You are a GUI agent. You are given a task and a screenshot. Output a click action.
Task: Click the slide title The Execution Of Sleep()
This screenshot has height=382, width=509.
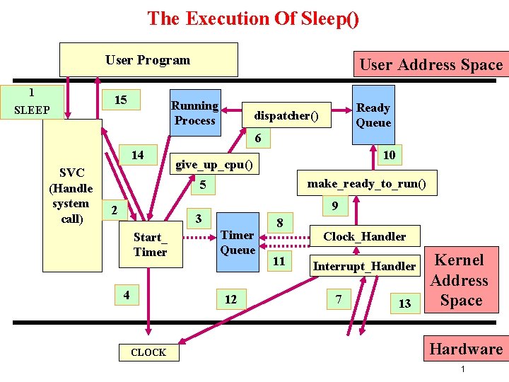pos(253,18)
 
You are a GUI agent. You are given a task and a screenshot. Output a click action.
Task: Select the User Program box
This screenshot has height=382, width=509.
pos(148,60)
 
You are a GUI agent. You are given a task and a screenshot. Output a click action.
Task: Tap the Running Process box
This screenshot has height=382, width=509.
pos(194,113)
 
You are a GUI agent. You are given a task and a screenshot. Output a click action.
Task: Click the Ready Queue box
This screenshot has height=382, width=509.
pos(373,115)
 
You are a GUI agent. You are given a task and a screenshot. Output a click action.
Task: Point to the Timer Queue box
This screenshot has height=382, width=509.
pos(238,243)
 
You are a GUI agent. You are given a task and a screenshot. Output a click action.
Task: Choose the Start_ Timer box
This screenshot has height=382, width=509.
pos(150,245)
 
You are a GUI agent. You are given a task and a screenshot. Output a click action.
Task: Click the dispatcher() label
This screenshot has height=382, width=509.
pos(286,115)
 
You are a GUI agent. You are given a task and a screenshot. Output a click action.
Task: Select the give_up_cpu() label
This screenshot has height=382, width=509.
pos(216,165)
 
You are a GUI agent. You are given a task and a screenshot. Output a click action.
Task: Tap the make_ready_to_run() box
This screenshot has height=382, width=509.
pos(366,184)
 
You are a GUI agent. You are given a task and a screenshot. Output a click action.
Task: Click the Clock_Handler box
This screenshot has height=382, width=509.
pos(364,236)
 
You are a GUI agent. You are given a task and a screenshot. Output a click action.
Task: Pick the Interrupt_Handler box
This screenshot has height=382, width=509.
pos(364,266)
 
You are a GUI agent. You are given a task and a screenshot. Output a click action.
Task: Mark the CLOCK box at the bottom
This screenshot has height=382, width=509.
pos(148,352)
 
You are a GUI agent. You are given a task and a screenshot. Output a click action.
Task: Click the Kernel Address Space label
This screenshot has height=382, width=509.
pos(460,280)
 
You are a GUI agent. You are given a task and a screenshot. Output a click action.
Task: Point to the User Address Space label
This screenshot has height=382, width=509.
pos(431,65)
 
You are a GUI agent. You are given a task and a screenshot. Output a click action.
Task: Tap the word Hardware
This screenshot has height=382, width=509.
pos(466,349)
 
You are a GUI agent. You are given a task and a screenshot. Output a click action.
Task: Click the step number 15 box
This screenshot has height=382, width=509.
pos(121,100)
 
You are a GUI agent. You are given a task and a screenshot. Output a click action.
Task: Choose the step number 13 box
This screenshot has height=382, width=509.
pos(404,303)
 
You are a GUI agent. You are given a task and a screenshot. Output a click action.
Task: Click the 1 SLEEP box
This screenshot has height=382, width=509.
pos(32,101)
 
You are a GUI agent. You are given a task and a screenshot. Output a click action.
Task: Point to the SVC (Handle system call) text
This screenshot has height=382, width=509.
pos(71,196)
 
